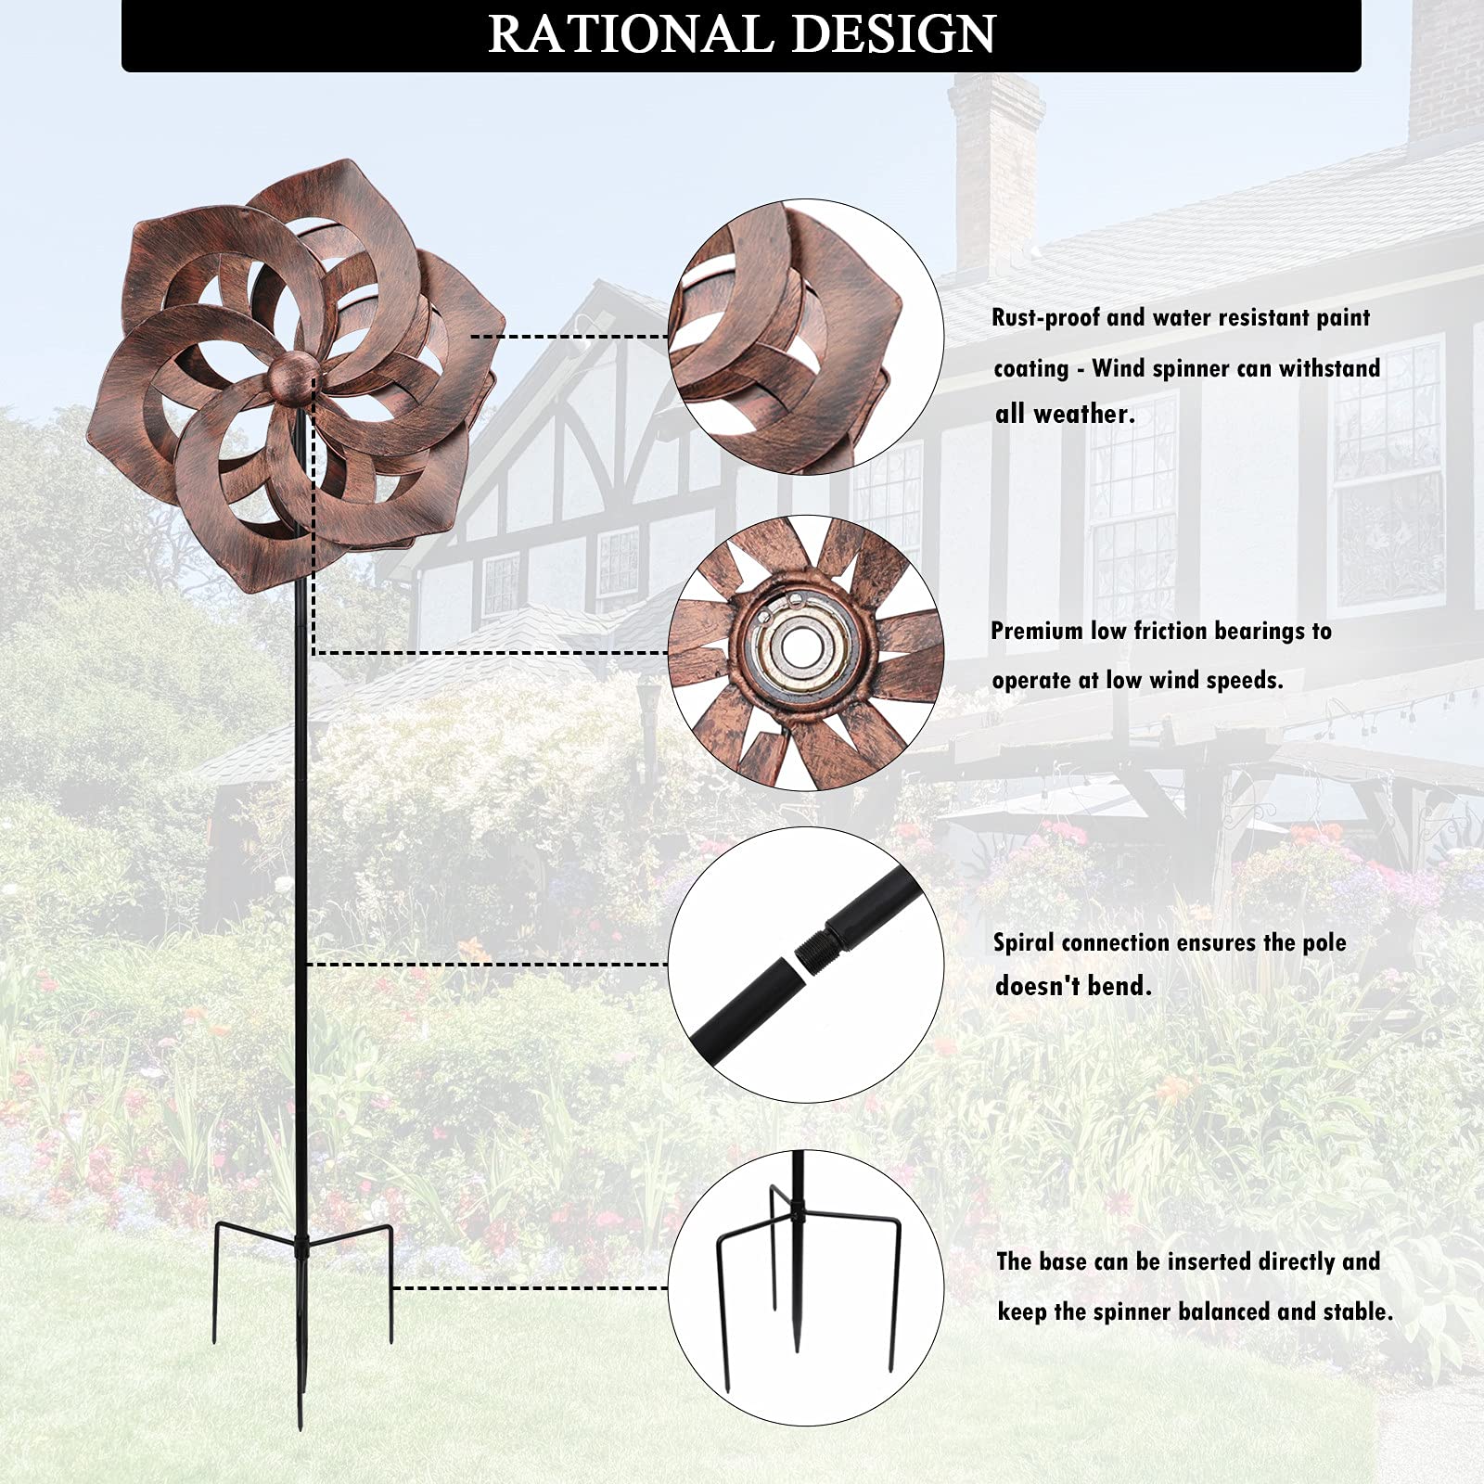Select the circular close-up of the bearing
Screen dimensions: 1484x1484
(806, 653)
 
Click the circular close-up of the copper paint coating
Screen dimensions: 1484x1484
(806, 336)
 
